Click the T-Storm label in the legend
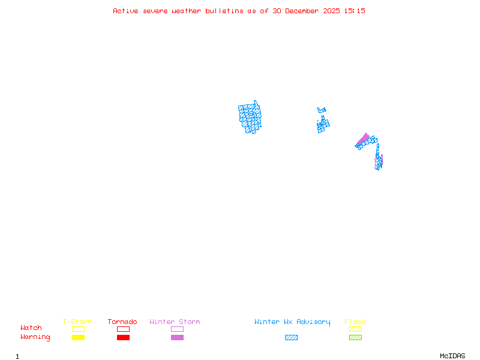point(77,322)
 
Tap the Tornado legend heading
point(122,322)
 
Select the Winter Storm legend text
point(175,322)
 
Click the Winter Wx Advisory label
point(292,322)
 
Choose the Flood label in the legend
point(355,322)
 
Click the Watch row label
point(31,328)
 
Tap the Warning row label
point(35,337)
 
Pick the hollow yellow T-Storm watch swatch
point(78,329)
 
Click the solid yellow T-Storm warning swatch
point(78,338)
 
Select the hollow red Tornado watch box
point(123,329)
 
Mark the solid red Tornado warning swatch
point(123,338)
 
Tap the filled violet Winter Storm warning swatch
point(177,338)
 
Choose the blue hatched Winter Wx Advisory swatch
point(291,338)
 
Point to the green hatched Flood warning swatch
point(355,338)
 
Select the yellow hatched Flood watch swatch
point(355,329)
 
